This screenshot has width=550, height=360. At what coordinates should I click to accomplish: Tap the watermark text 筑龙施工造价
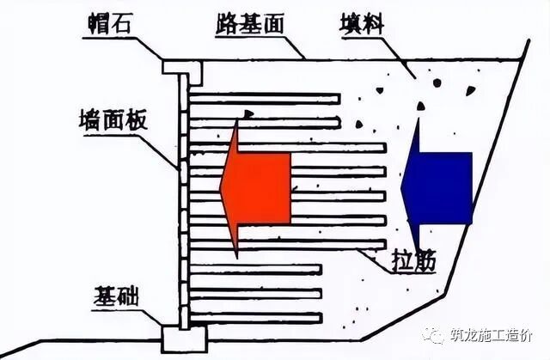(496, 336)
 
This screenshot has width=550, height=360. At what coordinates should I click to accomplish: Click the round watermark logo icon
(438, 336)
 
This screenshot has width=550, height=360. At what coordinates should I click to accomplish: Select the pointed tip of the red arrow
(222, 187)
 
